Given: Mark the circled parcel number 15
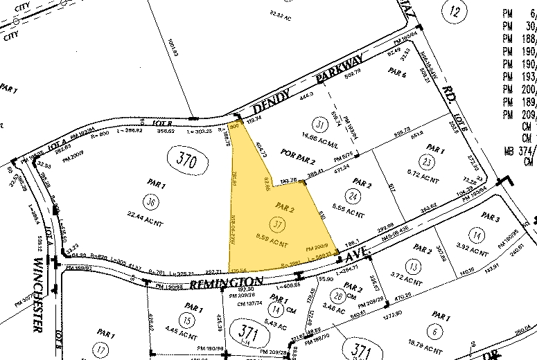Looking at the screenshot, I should (186, 319).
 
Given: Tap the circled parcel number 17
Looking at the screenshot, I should (102, 350).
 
